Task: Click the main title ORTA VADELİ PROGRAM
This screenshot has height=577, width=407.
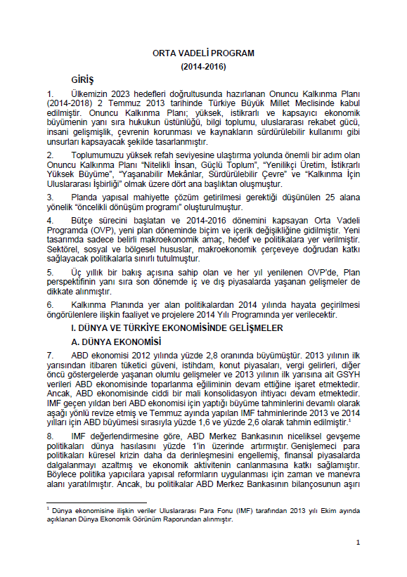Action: [x=203, y=53]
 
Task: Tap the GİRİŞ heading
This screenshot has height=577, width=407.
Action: [x=82, y=79]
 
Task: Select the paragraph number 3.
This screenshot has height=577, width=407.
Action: [x=50, y=197]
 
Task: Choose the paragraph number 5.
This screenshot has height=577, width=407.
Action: [x=50, y=271]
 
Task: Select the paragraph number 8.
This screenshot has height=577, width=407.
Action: [x=50, y=435]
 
